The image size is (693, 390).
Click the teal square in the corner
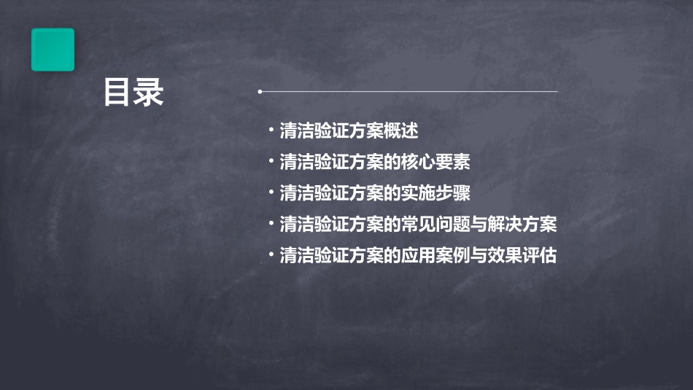pos(53,50)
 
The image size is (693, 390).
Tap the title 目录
pos(133,93)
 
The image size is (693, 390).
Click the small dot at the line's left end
pos(260,92)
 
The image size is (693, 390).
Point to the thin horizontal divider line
pos(409,92)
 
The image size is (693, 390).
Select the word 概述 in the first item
pos(401,131)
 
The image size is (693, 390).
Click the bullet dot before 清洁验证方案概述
pos(271,131)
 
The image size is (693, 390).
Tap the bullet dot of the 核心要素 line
pos(271,162)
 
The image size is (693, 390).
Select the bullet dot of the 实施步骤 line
pos(271,193)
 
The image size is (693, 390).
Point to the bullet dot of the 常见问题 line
pos(271,225)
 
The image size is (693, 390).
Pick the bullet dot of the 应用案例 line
pos(271,256)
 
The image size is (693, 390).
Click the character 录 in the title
pos(150,93)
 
